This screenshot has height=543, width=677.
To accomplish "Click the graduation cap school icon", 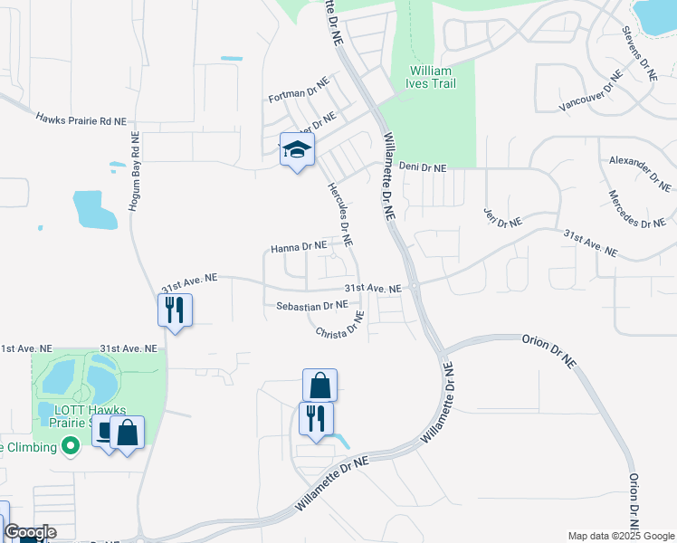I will coord(297,150).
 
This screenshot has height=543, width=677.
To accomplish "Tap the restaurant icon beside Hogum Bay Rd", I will coord(175,310).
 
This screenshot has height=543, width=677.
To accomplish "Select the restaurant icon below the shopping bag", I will coord(316,418).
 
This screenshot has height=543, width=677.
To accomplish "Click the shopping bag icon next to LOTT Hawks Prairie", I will coord(128,432).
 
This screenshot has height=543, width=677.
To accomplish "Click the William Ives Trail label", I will coord(432,77).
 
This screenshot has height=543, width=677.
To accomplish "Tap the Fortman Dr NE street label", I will coord(299,98).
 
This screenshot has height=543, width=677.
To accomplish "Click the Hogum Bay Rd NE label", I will coord(135,173).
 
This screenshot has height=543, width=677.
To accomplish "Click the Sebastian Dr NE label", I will coord(312,306).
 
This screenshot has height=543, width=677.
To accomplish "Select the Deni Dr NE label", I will coord(423,167).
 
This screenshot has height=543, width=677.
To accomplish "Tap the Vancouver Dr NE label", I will coord(590,91).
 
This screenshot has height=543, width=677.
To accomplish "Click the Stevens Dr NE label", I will coord(638,53).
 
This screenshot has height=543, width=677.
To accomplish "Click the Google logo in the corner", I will coord(30,532).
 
